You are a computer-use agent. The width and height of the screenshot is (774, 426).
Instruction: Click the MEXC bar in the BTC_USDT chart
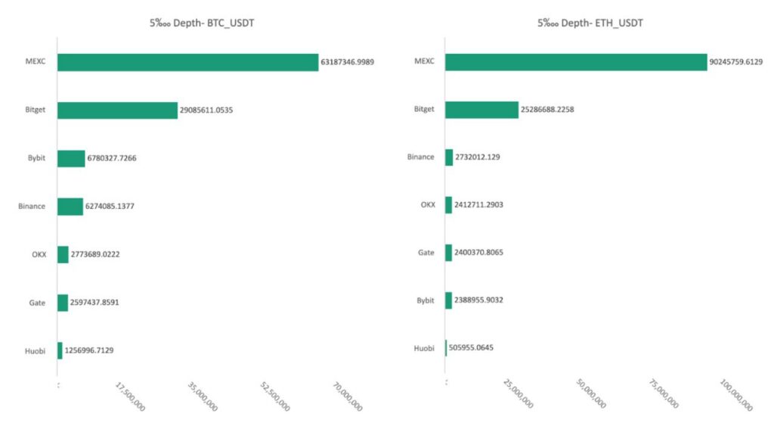tap(187, 62)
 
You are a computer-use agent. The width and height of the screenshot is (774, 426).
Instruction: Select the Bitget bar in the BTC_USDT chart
tap(117, 110)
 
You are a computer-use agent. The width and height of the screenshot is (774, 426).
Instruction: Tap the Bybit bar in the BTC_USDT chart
tap(71, 158)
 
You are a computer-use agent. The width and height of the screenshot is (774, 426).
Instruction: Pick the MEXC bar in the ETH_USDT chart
tap(576, 62)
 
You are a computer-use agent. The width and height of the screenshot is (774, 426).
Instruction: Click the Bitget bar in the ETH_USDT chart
tap(481, 110)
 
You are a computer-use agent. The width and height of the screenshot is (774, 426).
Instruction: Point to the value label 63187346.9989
tap(347, 62)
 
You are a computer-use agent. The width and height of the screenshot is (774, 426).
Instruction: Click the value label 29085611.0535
tap(206, 110)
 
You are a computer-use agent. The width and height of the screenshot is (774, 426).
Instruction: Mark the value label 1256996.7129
tap(89, 350)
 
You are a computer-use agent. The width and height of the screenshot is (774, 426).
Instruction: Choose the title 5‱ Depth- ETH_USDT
tap(590, 23)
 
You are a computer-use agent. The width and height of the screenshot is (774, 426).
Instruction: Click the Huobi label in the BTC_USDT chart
tap(35, 350)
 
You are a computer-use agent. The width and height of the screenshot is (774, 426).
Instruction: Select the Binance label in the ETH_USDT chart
tap(421, 157)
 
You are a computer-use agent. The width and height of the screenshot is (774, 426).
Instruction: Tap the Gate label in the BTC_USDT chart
tap(37, 302)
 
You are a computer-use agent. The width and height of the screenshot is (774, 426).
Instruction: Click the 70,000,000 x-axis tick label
tap(347, 397)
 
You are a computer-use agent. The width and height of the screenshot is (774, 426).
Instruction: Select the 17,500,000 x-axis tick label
tap(130, 397)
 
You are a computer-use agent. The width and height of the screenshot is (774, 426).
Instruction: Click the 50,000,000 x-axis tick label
tap(590, 396)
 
